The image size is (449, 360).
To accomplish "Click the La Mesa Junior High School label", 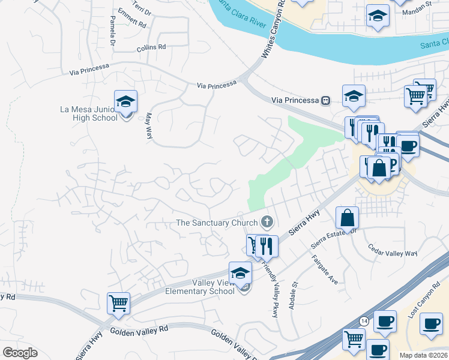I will coord(89,113).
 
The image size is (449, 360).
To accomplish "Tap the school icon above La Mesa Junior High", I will coord(125,101).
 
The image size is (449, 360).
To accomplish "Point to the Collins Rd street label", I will coord(151,47).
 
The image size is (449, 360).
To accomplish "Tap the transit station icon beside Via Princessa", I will coord(325,100).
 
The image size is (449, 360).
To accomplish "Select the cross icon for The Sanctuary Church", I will coord(267,223).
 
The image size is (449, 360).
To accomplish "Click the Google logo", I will coord(20,353).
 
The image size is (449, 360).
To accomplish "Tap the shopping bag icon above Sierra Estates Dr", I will coord(348,218).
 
